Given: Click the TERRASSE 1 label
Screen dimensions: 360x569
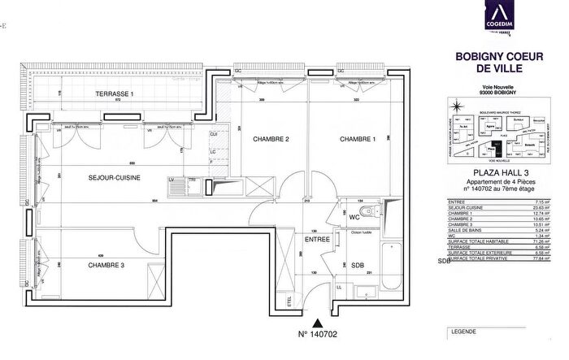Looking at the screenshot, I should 114,95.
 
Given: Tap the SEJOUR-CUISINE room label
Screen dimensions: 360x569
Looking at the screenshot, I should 115,176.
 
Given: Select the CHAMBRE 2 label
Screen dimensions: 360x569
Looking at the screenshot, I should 271,139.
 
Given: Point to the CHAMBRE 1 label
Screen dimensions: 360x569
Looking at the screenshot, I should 358,139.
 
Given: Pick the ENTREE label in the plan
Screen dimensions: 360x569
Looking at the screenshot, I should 317,240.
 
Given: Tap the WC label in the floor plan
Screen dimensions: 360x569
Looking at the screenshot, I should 354,218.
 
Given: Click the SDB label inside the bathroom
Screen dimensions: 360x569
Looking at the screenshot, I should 358,265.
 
